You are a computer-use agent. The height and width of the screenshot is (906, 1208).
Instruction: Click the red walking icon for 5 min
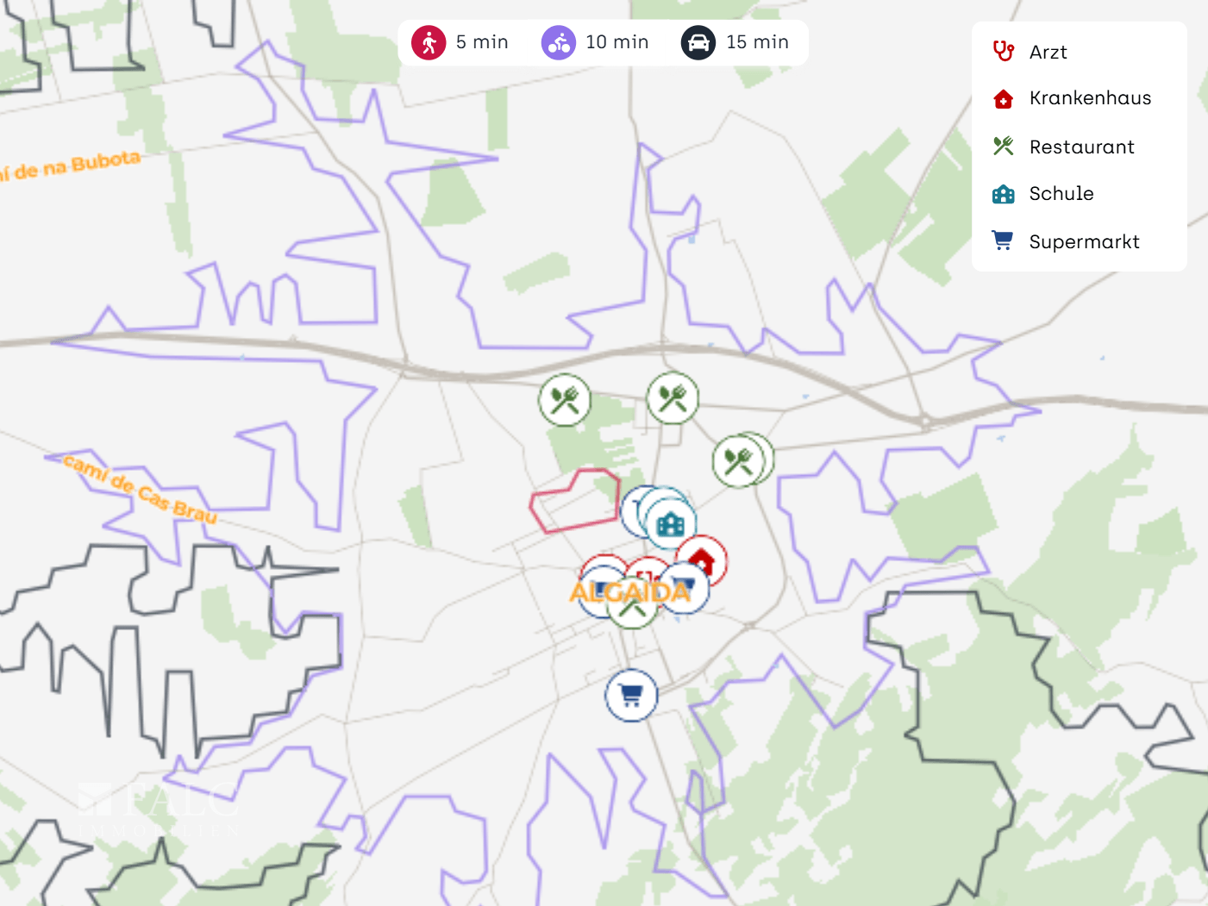click(x=428, y=42)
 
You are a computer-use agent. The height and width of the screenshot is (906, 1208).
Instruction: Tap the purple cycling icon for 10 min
click(x=558, y=42)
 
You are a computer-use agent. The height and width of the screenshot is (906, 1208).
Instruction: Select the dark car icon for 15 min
click(x=698, y=42)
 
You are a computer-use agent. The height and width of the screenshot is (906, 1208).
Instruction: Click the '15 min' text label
click(x=757, y=42)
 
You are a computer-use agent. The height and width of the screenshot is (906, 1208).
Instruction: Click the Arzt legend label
click(x=1048, y=53)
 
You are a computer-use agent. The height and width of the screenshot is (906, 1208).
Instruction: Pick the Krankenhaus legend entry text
click(x=1090, y=98)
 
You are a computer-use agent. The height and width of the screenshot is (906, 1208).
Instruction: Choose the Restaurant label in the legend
click(x=1081, y=147)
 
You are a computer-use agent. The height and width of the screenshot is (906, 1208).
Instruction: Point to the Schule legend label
click(x=1061, y=194)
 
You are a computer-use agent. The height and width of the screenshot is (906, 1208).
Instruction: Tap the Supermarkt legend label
click(x=1084, y=242)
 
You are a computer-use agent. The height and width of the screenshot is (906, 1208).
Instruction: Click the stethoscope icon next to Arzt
click(x=1003, y=52)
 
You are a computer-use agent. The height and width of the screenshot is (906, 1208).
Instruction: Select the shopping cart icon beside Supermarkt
click(x=1002, y=241)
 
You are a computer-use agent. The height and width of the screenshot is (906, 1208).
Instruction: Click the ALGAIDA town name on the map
click(x=629, y=593)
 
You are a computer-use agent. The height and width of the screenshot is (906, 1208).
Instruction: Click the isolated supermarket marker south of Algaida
click(x=631, y=695)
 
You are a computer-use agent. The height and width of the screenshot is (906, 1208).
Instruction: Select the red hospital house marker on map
click(x=702, y=560)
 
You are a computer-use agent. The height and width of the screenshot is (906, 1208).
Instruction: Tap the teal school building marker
click(x=670, y=523)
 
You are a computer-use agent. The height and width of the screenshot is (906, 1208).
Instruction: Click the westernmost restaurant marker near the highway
click(x=565, y=399)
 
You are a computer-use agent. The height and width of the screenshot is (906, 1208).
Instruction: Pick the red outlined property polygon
click(x=573, y=500)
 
